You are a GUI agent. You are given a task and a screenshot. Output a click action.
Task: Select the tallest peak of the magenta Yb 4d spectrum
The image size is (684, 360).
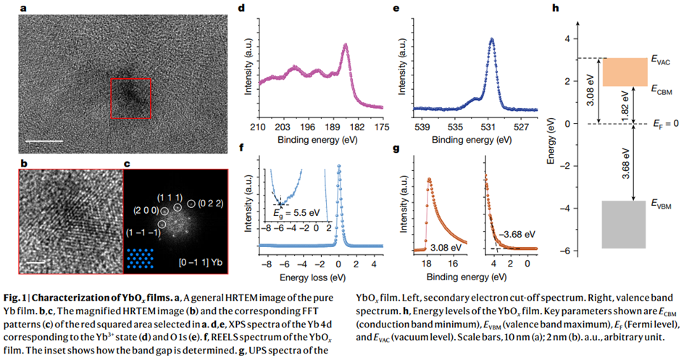[346, 45]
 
